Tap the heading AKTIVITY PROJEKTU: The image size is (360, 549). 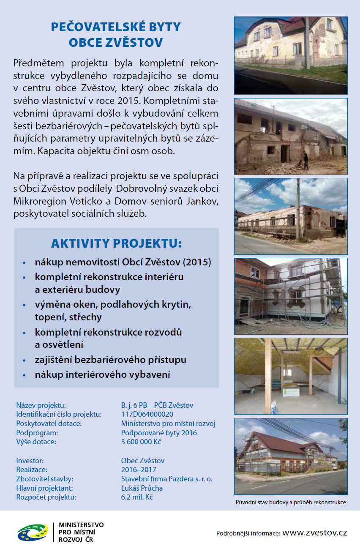click(x=116, y=243)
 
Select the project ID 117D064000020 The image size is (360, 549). click(x=147, y=414)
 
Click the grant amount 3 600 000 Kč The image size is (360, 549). click(x=141, y=442)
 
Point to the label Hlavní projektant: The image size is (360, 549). click(x=45, y=488)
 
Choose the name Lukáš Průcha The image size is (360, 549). click(x=142, y=488)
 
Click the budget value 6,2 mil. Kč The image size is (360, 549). click(x=137, y=497)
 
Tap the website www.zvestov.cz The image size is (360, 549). click(x=315, y=533)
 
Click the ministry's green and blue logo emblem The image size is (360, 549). click(x=33, y=532)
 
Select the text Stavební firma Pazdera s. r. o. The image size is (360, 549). click(x=166, y=479)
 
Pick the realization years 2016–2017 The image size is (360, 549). click(x=139, y=470)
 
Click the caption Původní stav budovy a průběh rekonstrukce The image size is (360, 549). click(x=291, y=502)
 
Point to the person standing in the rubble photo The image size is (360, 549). click(x=305, y=161)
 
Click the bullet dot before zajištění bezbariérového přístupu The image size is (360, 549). click(x=24, y=360)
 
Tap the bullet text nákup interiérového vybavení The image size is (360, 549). click(x=102, y=374)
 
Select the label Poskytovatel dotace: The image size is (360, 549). click(x=49, y=423)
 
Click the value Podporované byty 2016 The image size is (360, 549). click(x=159, y=433)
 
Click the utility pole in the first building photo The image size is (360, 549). click(x=308, y=43)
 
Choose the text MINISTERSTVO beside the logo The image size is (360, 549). click(x=81, y=525)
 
